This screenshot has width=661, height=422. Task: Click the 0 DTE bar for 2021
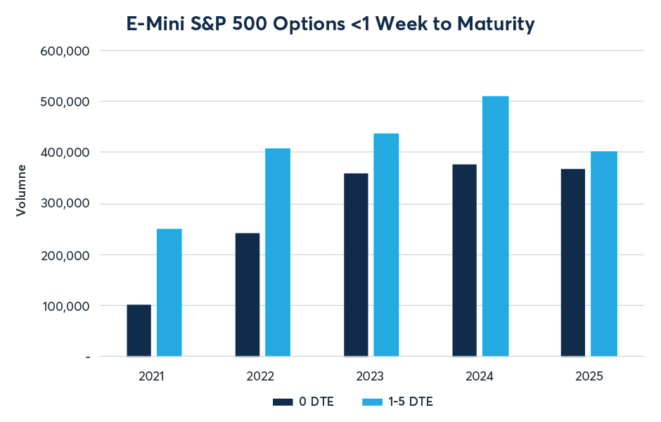139,330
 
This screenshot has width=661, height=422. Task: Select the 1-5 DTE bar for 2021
169,293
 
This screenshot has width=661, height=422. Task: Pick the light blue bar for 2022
278,252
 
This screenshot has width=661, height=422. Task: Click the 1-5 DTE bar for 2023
386,245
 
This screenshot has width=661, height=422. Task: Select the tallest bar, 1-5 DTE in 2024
496,226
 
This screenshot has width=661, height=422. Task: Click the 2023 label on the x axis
370,376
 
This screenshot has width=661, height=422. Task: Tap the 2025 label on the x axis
589,376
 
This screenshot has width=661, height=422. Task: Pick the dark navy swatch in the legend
282,402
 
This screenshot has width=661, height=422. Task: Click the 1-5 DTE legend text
412,402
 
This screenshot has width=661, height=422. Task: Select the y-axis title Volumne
21,190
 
